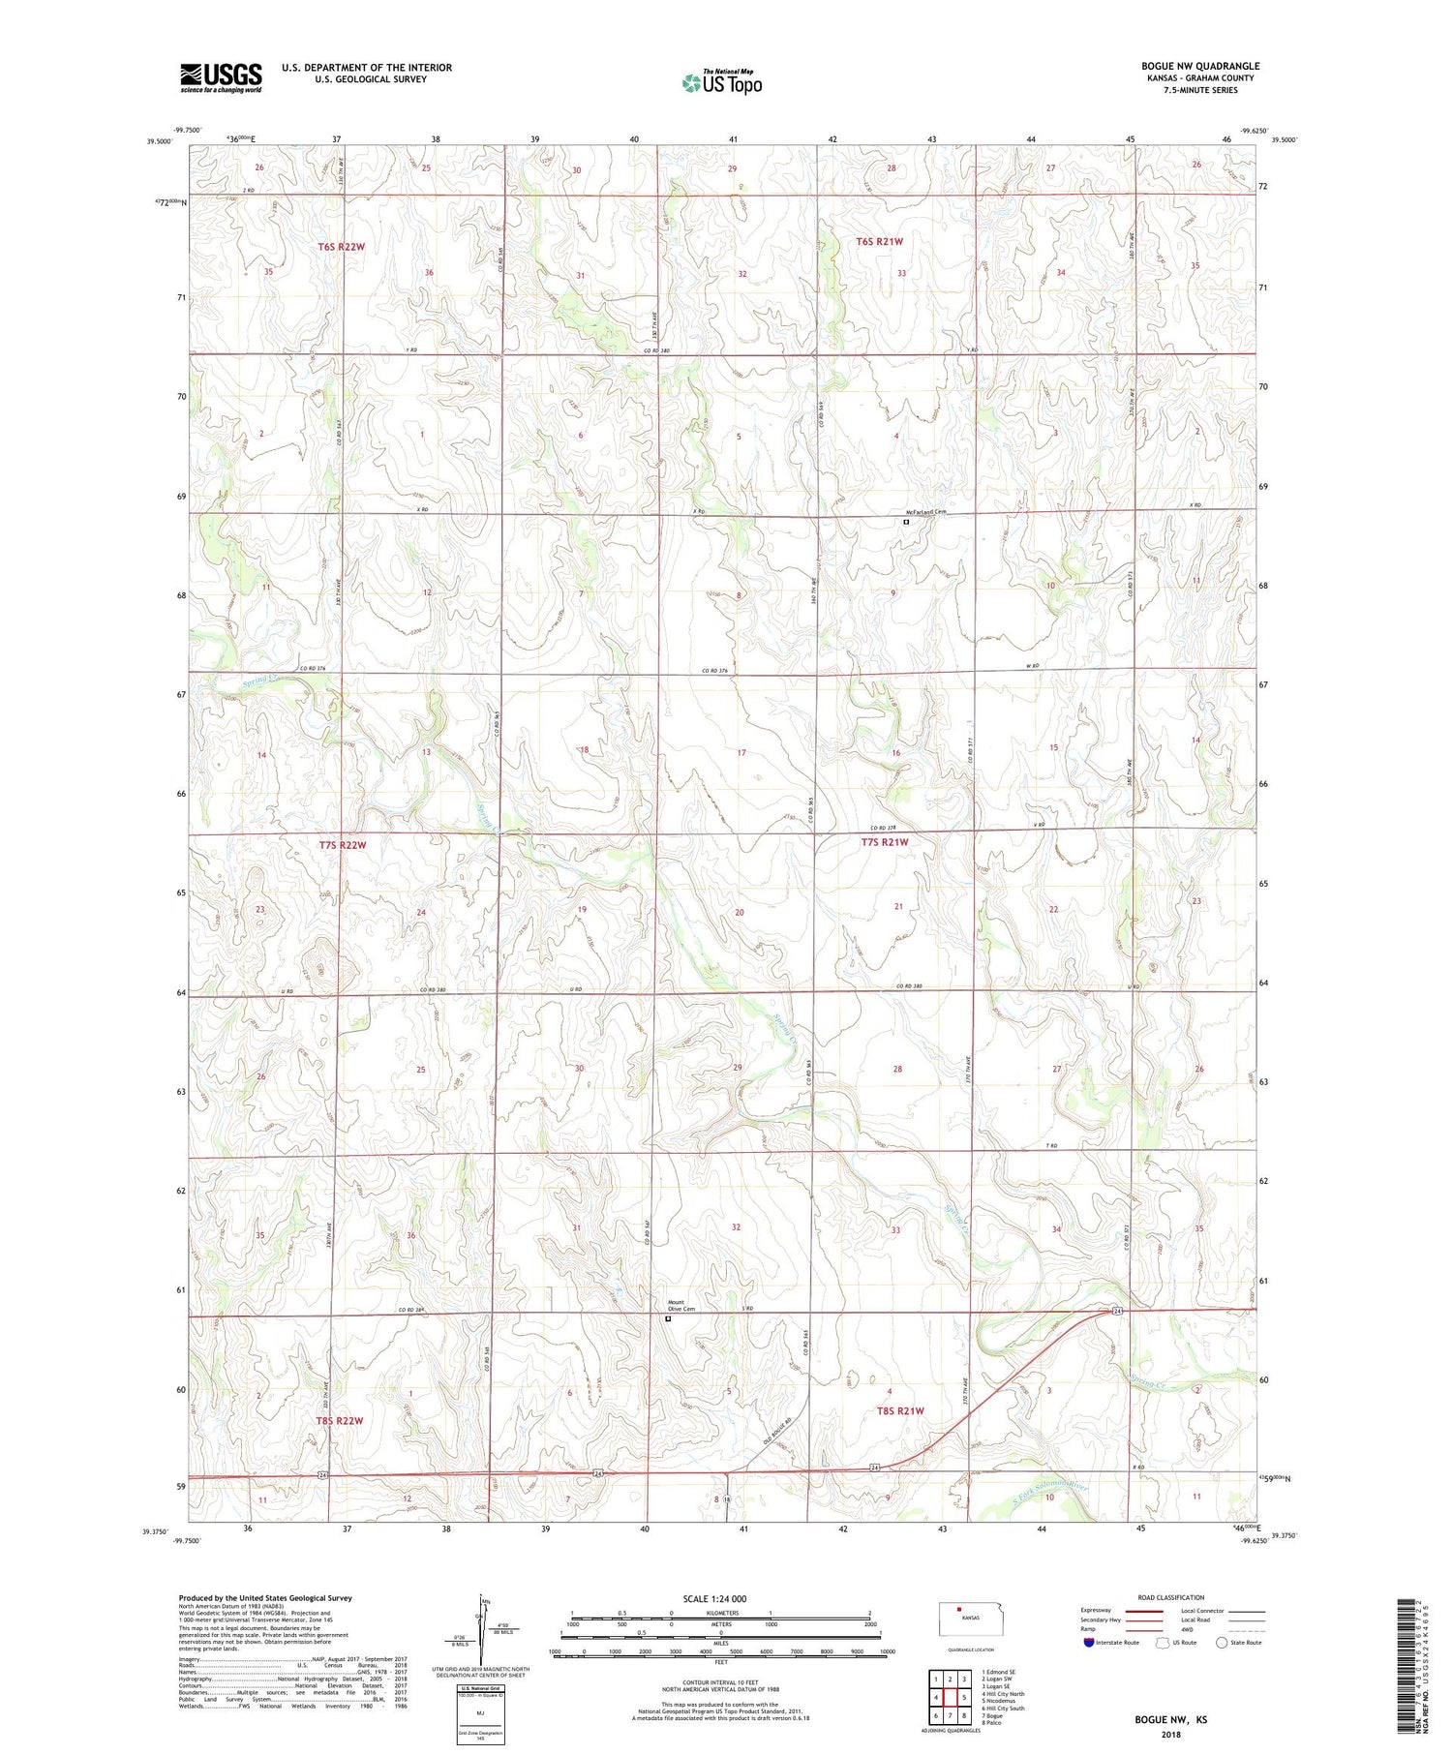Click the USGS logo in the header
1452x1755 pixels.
(221, 77)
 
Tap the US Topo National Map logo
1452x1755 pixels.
(721, 82)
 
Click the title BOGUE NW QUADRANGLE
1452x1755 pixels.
(1199, 66)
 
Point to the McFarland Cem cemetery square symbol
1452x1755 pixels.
(906, 522)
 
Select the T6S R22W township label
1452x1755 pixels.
(342, 247)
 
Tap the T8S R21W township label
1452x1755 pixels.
(899, 1411)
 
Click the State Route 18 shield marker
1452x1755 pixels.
(726, 1499)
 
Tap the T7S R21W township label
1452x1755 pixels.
(885, 842)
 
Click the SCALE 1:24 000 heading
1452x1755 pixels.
(720, 1598)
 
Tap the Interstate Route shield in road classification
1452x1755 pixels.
(1088, 1643)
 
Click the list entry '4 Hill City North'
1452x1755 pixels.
(1003, 1694)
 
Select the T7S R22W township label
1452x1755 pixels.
(342, 845)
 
